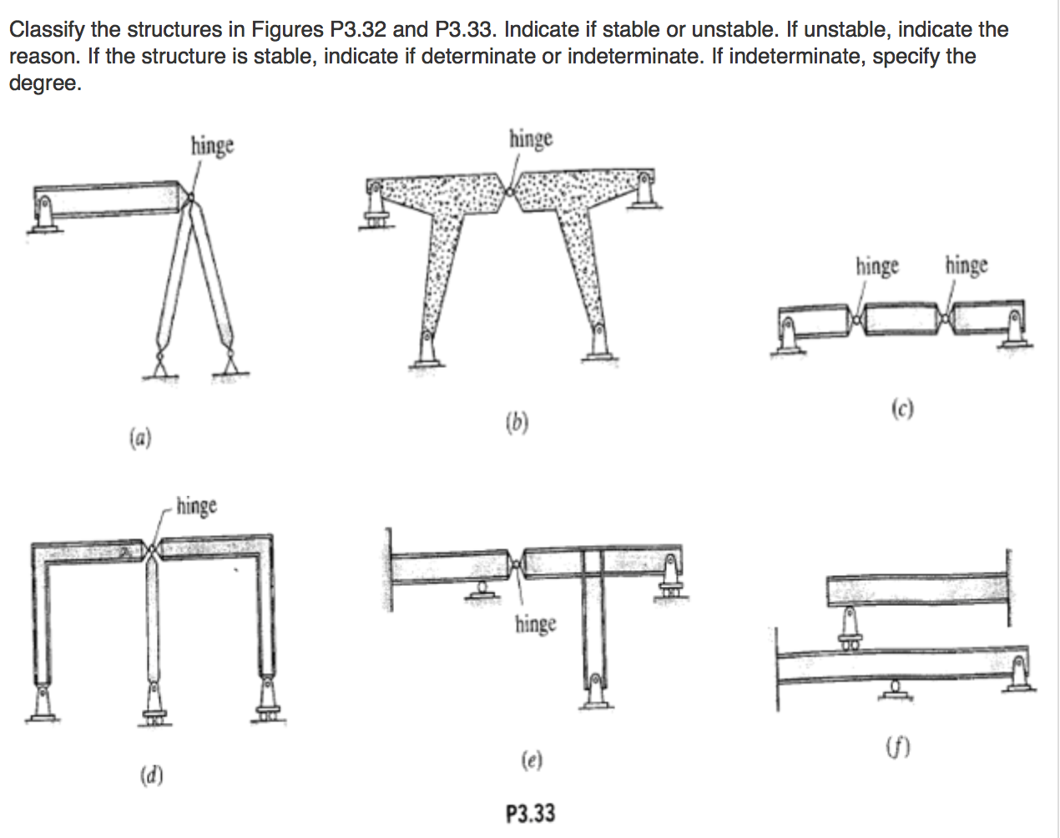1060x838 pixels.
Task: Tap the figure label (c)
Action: pos(901,408)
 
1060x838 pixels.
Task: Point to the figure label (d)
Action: pos(151,775)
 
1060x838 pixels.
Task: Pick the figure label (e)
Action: pos(531,760)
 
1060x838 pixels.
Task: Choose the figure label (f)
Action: pos(897,746)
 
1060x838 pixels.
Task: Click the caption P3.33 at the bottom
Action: pos(530,813)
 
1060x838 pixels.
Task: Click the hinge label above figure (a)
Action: pos(212,145)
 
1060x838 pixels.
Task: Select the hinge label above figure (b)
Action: pos(531,138)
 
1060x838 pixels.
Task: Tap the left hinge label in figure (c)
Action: pos(877,266)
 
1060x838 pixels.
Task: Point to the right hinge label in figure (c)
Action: pos(967,265)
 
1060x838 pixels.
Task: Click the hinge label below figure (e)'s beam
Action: pos(535,623)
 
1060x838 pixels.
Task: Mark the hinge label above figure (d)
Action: pos(196,506)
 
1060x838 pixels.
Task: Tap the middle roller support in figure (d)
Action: pos(154,705)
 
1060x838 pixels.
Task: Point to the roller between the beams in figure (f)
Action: pos(849,628)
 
